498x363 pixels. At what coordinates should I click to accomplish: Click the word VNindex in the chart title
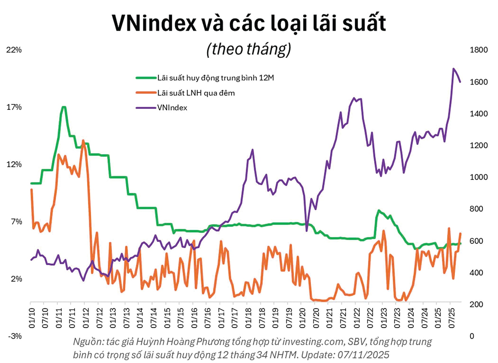click(x=154, y=23)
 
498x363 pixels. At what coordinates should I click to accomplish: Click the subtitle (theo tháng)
click(x=249, y=49)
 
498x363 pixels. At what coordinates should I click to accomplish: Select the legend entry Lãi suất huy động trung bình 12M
click(x=215, y=78)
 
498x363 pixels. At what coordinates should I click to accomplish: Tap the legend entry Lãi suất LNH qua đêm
click(x=196, y=93)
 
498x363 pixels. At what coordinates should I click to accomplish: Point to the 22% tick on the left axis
click(x=14, y=50)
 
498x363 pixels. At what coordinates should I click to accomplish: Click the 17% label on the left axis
click(x=14, y=107)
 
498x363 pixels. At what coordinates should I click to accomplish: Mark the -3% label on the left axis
click(x=15, y=336)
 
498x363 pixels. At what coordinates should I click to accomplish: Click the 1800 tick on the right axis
click(x=479, y=50)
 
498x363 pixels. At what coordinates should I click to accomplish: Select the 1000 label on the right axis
click(x=479, y=177)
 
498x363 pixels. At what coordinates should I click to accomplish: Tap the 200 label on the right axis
click(x=476, y=304)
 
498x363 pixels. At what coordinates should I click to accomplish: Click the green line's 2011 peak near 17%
click(x=64, y=107)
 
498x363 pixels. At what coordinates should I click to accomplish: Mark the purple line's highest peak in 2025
click(x=453, y=69)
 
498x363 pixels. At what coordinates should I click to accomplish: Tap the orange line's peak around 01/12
click(x=83, y=140)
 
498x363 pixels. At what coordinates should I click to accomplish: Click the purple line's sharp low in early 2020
click(x=307, y=231)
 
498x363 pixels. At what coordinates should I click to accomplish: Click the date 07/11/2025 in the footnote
click(x=363, y=355)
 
